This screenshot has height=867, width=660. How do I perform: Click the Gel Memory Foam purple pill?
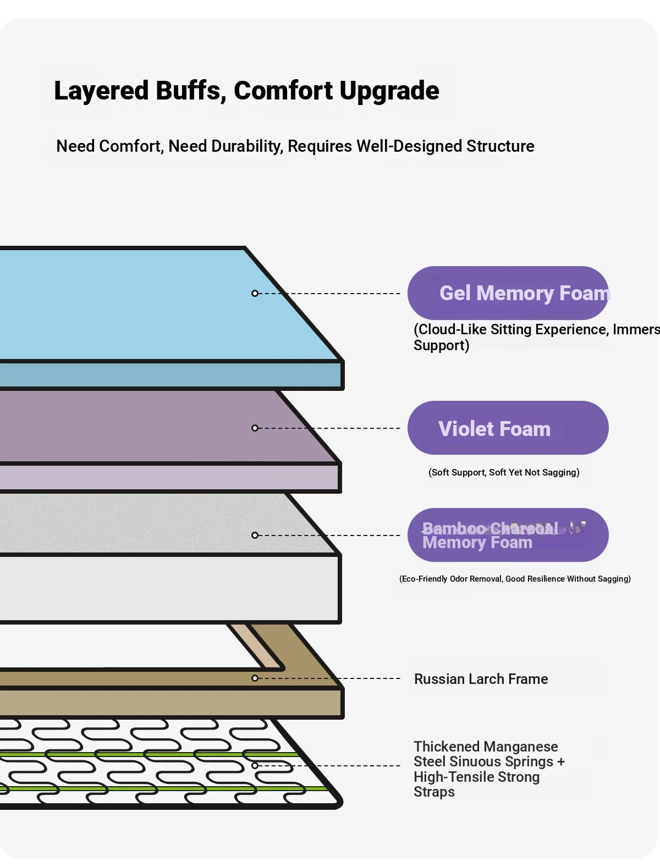(508, 293)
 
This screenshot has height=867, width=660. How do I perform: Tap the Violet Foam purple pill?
(508, 428)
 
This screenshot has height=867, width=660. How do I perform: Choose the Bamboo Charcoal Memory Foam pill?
(508, 535)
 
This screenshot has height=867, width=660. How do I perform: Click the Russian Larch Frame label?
(481, 679)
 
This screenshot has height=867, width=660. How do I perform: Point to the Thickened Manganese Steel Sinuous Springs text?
(488, 761)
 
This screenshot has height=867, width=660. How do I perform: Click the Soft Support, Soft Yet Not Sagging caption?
(504, 472)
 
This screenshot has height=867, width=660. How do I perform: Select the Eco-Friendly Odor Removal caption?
(515, 579)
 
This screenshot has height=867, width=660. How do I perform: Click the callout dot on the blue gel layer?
(255, 294)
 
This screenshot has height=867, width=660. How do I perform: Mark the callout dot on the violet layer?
(255, 428)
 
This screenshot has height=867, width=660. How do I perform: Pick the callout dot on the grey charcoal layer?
(255, 535)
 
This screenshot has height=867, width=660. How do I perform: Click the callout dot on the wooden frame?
(255, 678)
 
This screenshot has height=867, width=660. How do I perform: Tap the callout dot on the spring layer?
(255, 766)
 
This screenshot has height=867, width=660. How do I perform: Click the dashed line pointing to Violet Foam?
(330, 428)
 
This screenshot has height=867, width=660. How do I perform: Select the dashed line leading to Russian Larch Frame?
(330, 678)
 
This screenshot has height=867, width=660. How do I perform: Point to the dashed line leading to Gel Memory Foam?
(330, 294)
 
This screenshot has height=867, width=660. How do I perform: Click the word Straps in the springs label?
(434, 792)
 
